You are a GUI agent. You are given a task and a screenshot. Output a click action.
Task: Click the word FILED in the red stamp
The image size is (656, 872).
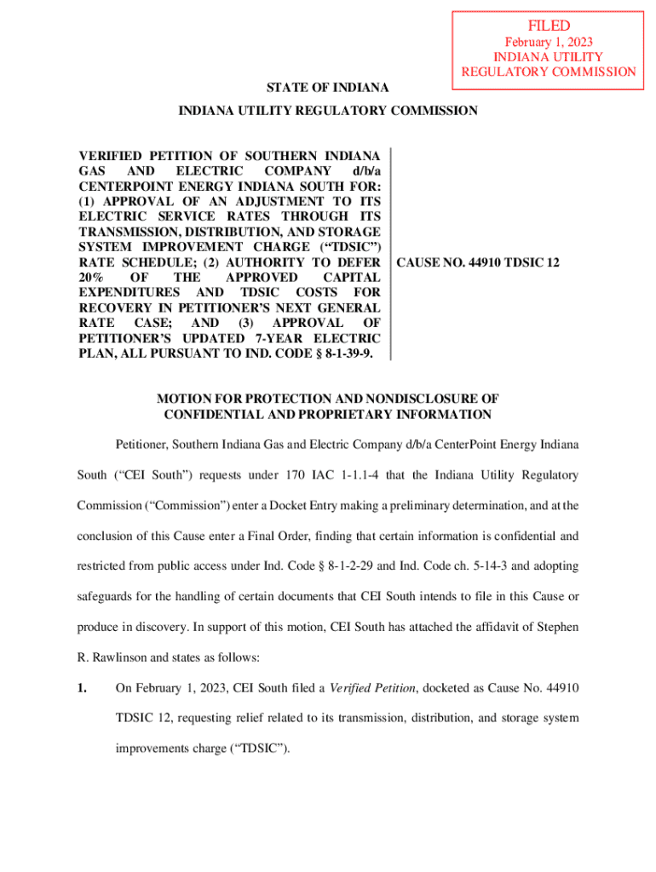click(x=548, y=26)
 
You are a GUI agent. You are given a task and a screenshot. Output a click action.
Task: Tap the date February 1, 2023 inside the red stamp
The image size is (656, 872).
click(x=548, y=42)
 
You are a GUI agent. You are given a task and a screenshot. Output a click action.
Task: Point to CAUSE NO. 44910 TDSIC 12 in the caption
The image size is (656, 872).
click(x=479, y=262)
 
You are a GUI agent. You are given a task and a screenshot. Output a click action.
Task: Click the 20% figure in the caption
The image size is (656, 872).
click(x=92, y=278)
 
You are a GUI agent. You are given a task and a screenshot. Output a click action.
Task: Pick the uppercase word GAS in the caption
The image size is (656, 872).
click(x=94, y=170)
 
